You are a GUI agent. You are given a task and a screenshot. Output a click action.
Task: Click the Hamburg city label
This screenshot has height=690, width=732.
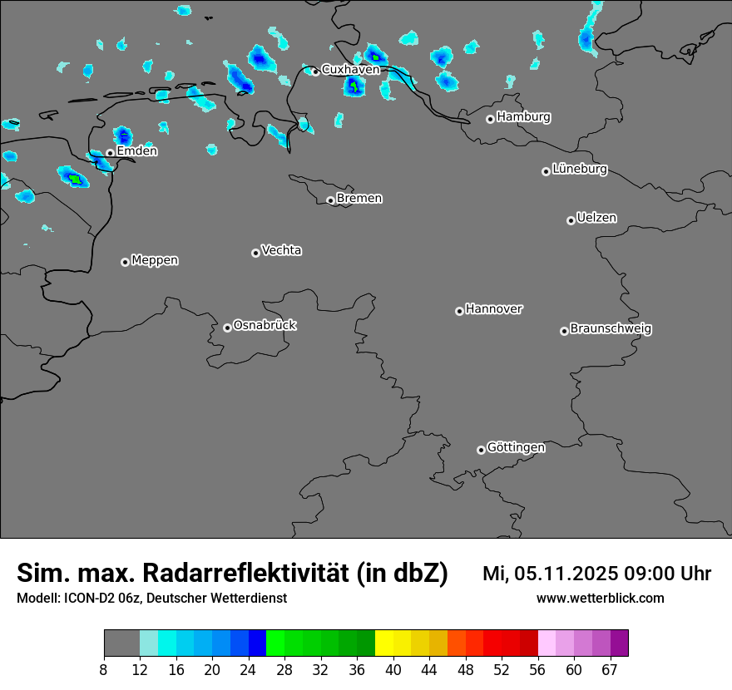coord(523,117)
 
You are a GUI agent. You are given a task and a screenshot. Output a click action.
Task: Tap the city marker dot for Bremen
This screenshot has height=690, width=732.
coord(330,200)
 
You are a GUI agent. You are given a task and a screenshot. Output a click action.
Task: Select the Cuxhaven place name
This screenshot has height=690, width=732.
coord(350,70)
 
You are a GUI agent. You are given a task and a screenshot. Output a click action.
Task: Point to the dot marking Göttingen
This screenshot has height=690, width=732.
coord(481,450)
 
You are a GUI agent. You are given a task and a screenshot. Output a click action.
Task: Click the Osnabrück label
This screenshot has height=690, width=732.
coord(265,325)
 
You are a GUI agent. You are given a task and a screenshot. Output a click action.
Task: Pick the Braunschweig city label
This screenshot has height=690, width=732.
coord(611,329)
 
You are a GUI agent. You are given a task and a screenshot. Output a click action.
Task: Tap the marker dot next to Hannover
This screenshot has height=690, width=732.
coord(459,311)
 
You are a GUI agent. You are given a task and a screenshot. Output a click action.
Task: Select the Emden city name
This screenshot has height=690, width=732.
coord(136,151)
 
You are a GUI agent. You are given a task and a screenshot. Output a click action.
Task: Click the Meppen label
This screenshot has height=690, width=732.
coord(155,260)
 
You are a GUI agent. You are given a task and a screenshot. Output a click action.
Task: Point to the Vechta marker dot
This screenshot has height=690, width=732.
coord(255,253)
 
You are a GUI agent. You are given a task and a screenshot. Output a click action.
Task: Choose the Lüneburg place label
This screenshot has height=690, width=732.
coord(580,170)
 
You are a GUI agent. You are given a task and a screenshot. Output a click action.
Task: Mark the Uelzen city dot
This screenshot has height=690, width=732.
coord(571,220)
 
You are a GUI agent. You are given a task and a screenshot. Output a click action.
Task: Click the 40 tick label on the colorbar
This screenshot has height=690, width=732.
coord(393,670)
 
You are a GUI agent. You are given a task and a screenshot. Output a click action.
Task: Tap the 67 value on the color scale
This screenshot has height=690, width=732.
coord(610,670)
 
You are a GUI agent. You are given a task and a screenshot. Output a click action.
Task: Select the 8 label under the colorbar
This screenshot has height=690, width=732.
coord(104,670)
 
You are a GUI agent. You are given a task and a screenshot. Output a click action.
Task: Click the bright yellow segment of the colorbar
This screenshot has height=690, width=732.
coord(383,643)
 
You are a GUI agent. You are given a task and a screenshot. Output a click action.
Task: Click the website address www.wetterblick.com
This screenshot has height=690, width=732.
coord(600,599)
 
